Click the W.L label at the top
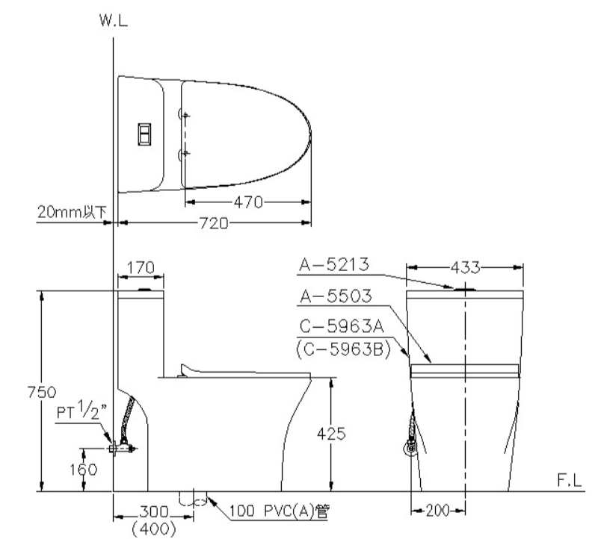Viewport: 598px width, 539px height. (114, 20)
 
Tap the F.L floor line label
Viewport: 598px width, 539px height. (570, 480)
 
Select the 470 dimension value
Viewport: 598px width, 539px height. (248, 202)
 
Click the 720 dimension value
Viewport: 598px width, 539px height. (214, 223)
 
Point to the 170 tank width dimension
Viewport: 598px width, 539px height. (141, 268)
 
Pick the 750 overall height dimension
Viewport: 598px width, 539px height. (42, 392)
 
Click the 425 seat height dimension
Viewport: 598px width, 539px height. (331, 433)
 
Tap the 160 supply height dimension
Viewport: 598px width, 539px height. (84, 470)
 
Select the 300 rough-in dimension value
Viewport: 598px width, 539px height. (154, 511)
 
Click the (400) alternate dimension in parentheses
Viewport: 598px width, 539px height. (154, 529)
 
